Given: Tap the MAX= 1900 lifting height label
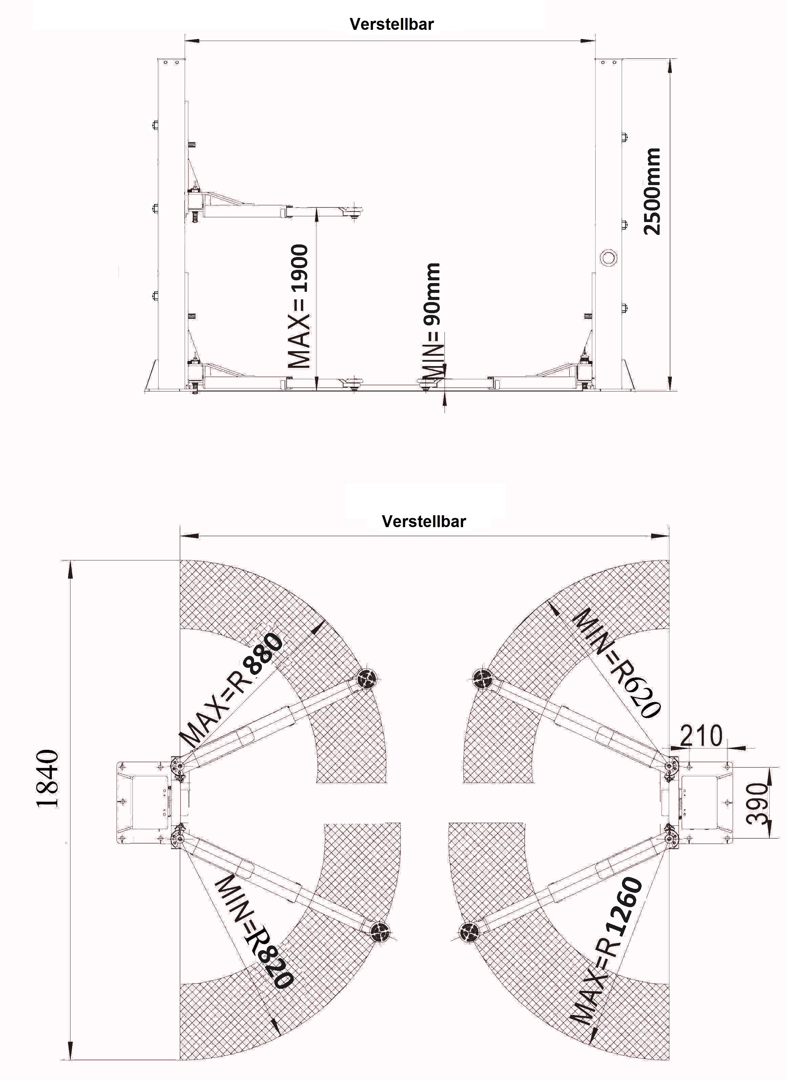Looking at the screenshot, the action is pyautogui.click(x=299, y=307).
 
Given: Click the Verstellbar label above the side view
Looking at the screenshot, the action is pyautogui.click(x=392, y=24).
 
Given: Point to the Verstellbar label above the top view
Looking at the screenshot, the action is pyautogui.click(x=423, y=521).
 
